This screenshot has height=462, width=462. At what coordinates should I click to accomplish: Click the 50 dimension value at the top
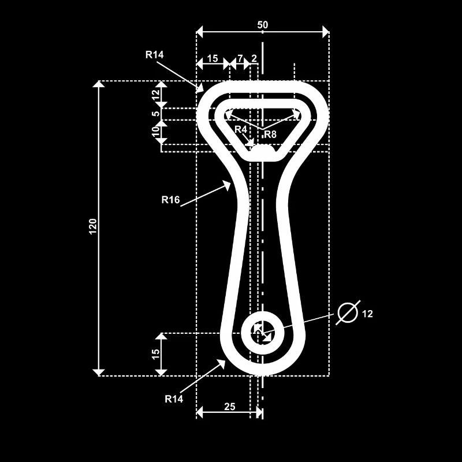pos(263,25)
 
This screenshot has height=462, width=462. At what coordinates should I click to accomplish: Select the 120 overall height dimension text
pos(92,226)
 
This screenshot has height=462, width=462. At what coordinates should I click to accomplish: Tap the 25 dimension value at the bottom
pos(229,407)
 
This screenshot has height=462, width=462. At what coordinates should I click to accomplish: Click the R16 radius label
pos(170,200)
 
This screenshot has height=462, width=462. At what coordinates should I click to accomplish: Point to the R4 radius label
pos(241,129)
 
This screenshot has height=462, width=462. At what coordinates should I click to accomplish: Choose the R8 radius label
pos(270,134)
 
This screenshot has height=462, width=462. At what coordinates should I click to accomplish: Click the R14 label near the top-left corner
pos(155,55)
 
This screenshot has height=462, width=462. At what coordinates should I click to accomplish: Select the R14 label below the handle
pos(174,398)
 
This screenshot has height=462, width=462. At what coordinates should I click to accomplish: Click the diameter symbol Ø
pos(348,312)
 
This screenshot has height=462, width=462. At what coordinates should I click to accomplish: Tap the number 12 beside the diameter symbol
pos(368,314)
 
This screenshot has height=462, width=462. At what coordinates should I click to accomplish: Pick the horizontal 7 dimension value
pos(240,58)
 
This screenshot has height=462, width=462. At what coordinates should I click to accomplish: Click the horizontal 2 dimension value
pos(254,58)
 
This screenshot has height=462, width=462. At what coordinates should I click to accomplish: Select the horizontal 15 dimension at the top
pos(212,58)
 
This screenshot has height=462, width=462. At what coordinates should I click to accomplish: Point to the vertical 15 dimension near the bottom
pos(155,355)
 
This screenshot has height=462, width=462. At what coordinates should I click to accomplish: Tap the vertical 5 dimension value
pos(155,114)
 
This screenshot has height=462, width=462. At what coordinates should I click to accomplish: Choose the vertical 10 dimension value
pos(155,132)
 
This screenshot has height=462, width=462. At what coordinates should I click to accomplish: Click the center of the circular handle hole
pos(262,333)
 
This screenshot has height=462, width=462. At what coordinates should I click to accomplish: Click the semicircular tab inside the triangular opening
pos(263,151)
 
